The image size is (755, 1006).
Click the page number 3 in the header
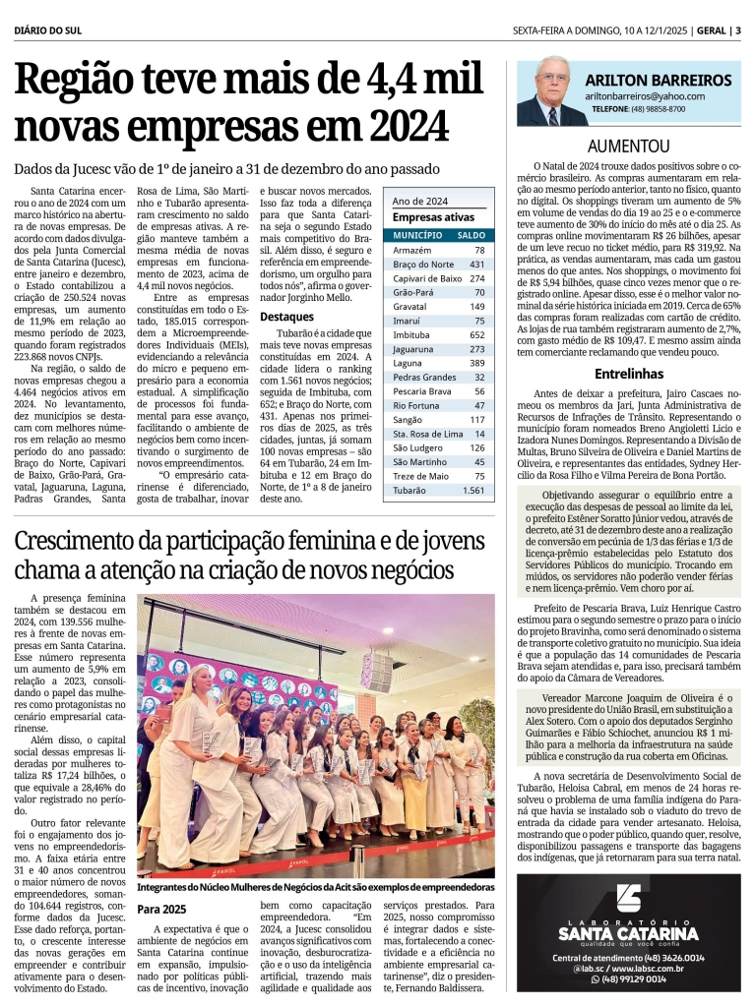click(737, 30)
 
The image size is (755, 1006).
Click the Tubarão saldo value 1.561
click(473, 490)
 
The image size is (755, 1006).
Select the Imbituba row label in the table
click(410, 335)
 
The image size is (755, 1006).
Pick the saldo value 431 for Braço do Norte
click(476, 265)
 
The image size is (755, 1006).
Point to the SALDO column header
click(472, 236)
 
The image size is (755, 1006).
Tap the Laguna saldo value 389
click(476, 363)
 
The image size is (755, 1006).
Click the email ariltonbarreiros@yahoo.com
click(645, 96)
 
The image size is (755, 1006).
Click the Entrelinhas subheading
click(629, 374)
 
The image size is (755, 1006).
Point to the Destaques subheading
click(286, 317)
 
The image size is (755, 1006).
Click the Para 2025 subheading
click(161, 909)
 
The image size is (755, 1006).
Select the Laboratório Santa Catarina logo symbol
click(629, 901)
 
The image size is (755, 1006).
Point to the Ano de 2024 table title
click(419, 201)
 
